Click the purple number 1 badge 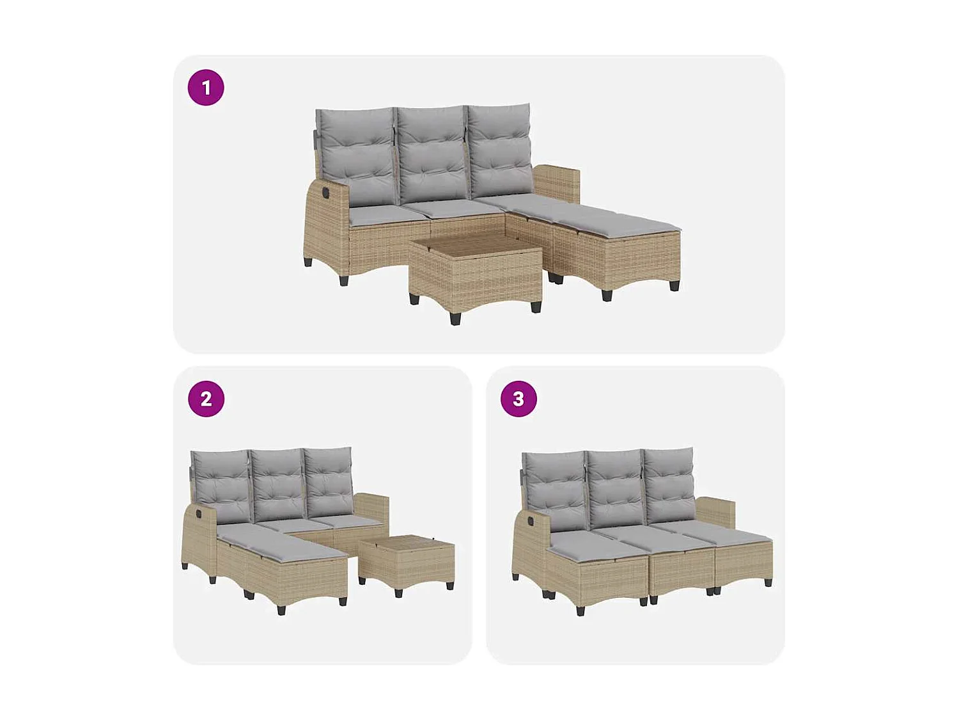206,88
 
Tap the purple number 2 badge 206,399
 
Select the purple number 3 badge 518,399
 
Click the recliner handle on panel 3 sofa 530,521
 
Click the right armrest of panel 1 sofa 556,182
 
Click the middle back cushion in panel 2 277,484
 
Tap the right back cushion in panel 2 329,481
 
